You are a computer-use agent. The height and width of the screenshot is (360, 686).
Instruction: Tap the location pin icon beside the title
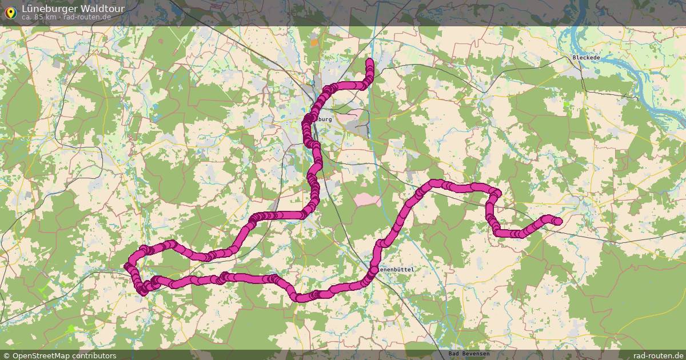click(10, 12)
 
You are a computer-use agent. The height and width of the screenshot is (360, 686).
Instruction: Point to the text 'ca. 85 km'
click(38, 17)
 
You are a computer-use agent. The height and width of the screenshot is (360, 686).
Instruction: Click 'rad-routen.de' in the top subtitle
click(87, 17)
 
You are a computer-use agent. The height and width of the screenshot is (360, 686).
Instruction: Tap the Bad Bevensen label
click(468, 354)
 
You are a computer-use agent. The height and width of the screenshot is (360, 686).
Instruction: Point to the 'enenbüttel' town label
click(395, 269)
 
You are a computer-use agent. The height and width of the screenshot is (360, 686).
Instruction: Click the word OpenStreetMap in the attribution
click(43, 355)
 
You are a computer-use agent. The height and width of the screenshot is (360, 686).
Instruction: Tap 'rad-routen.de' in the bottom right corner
click(658, 355)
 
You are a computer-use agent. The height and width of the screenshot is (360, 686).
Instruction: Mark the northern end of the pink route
click(369, 61)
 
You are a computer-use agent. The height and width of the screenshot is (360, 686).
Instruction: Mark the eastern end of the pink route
click(559, 222)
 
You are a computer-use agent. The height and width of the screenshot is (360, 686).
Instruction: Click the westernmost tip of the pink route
click(126, 266)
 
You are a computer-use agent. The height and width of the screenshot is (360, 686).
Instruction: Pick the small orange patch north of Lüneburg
click(314, 42)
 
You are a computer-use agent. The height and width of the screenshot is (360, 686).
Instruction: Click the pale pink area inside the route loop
click(367, 199)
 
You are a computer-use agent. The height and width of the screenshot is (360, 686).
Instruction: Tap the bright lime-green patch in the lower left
click(71, 329)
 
